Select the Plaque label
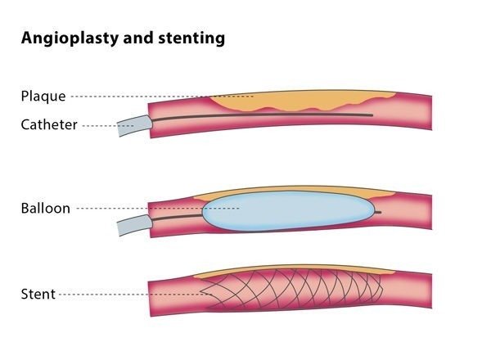coord(43,97)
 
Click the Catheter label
coord(48,125)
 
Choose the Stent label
coord(38,294)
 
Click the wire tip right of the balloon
coord(379,212)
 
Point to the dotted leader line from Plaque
coord(164,97)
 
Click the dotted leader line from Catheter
coord(101,125)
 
